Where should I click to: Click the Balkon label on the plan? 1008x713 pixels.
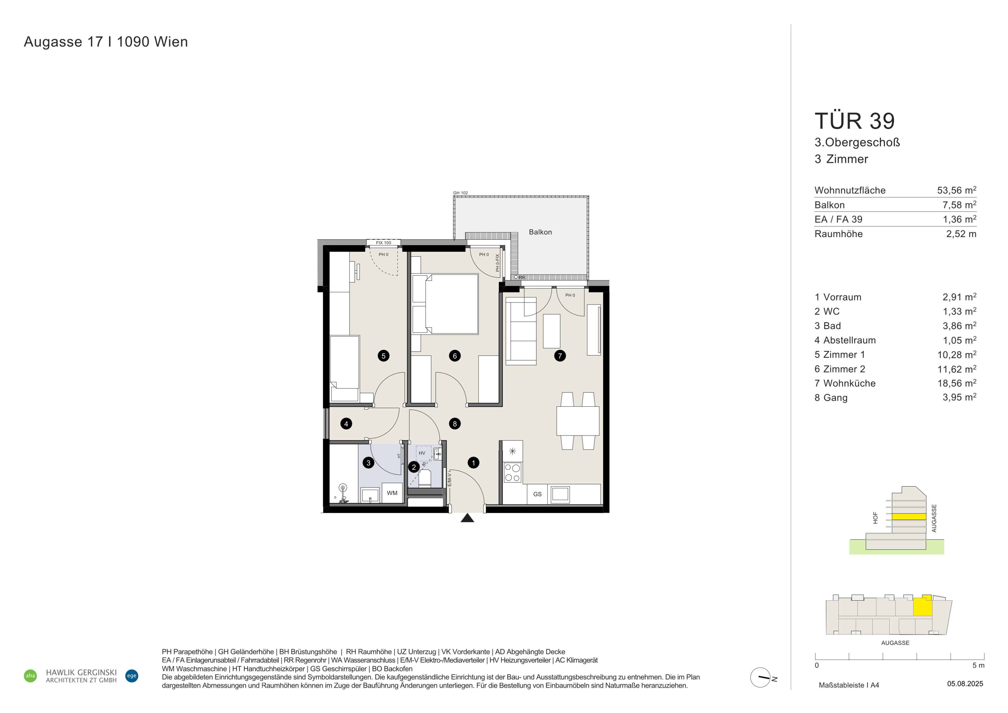pos(540,232)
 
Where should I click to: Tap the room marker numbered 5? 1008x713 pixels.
pos(383,355)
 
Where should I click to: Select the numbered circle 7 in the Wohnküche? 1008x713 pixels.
pos(560,355)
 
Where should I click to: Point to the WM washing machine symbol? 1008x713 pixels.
pos(392,493)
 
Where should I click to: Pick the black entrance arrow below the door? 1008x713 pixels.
pos(467,518)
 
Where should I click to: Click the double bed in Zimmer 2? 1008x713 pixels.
pos(445,304)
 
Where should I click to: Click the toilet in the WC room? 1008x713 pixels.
pos(425,479)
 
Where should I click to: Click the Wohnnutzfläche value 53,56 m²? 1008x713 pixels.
pos(957,190)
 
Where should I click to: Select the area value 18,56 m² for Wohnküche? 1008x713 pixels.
pos(957,383)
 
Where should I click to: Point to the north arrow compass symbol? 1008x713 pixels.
pos(760,678)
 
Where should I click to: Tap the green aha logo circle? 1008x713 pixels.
pos(30,676)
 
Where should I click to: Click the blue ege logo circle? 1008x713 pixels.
pos(132,676)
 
